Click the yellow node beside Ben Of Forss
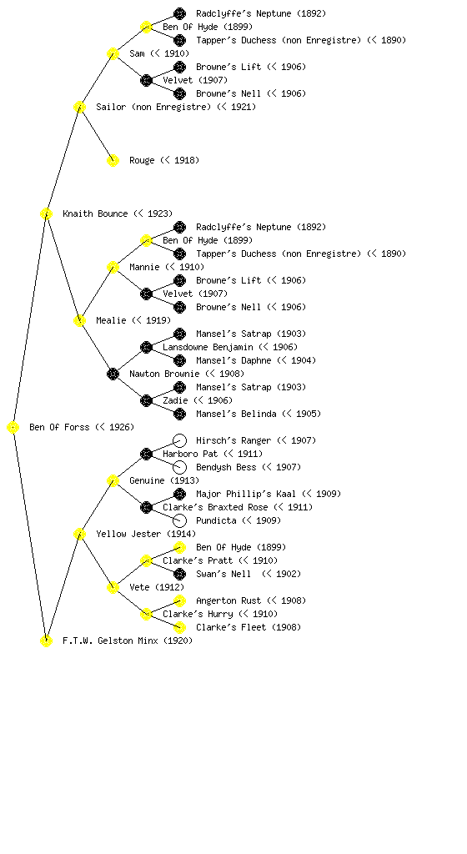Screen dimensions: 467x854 point(13,428)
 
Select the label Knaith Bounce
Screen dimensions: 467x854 point(95,213)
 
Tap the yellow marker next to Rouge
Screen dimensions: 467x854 point(113,161)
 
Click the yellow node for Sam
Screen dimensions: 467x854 point(113,54)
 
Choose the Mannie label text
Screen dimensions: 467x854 point(144,267)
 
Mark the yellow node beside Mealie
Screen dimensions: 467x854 point(79,321)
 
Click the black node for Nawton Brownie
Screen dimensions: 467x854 point(113,374)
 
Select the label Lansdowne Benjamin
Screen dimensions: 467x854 point(208,347)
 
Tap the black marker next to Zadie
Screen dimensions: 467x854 point(146,401)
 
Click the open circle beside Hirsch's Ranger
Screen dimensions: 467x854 point(179,440)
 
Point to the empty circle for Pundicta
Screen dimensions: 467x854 point(179,520)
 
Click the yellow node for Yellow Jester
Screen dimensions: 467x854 point(79,535)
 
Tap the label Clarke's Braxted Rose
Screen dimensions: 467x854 point(215,507)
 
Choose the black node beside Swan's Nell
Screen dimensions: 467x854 point(179,574)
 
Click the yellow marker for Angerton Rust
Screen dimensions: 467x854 point(179,600)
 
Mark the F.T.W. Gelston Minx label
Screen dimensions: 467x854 point(110,640)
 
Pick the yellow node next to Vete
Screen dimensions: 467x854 point(113,588)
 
